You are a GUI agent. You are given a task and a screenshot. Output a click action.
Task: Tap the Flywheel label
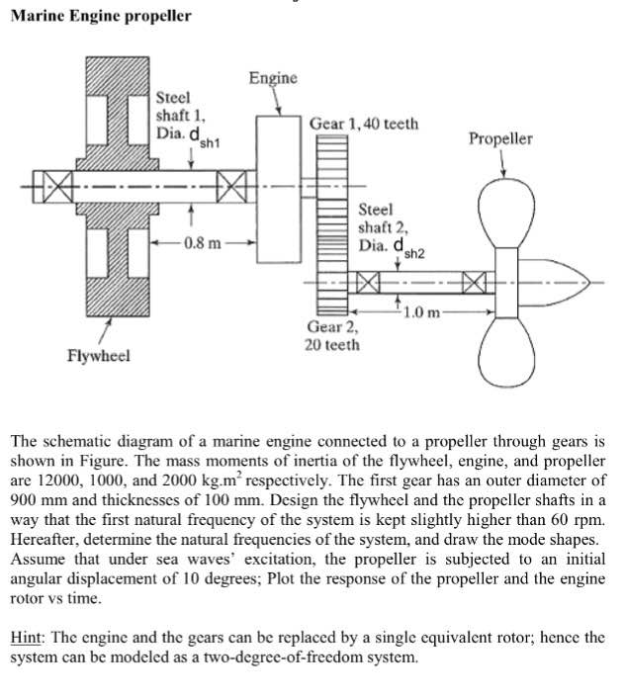97,355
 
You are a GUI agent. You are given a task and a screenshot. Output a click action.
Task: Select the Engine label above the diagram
272,77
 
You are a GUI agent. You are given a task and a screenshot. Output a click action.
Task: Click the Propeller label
499,138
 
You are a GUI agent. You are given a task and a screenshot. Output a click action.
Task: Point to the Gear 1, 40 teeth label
363,124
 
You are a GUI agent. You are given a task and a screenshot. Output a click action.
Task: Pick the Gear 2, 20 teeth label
333,335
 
